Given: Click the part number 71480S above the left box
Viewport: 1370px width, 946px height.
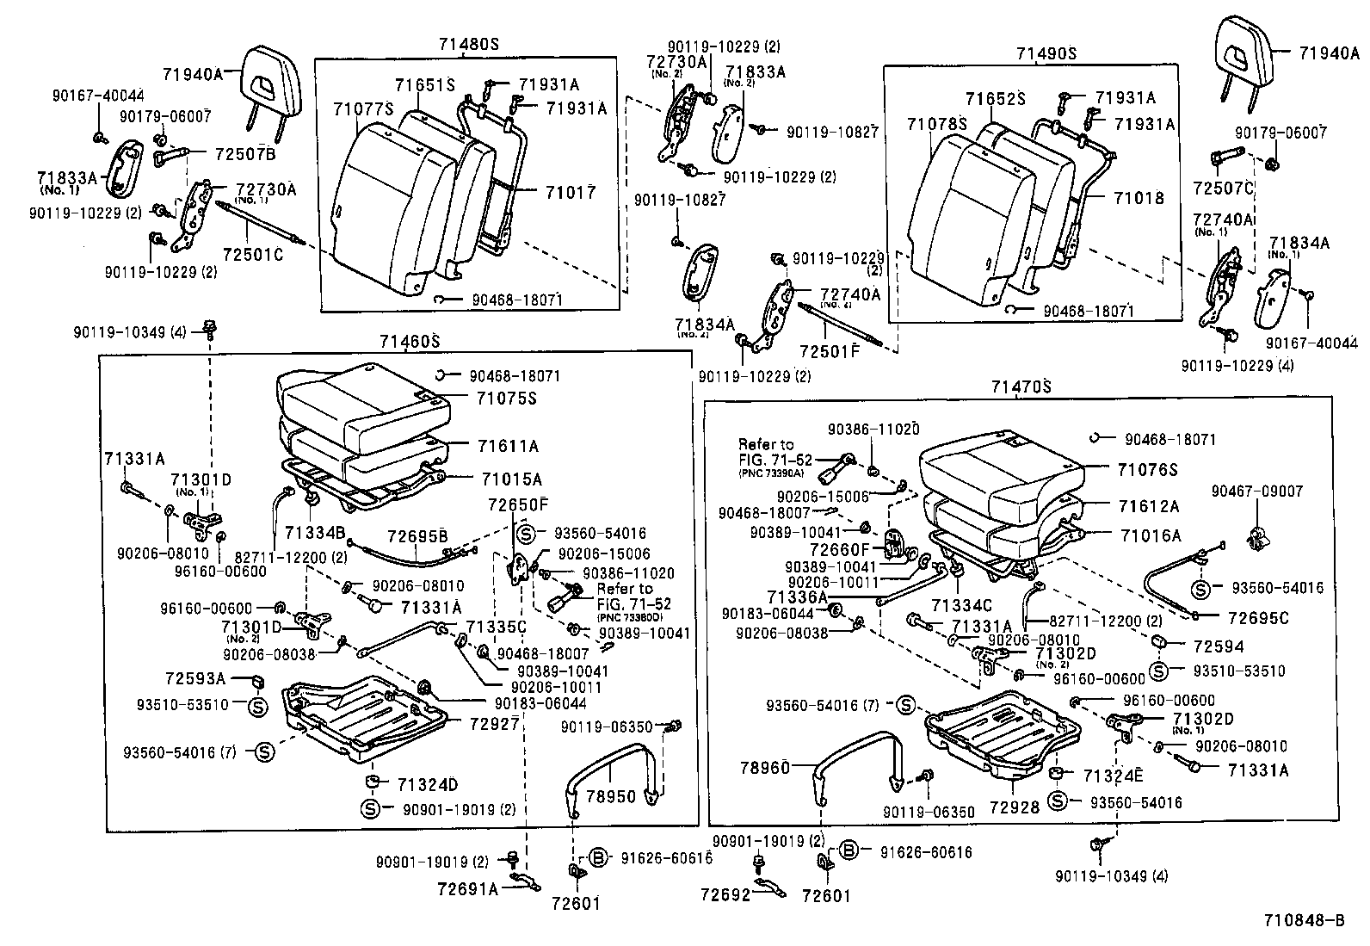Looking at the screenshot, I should pos(468,45).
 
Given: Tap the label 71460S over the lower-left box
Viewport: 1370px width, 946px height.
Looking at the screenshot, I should pos(410,342).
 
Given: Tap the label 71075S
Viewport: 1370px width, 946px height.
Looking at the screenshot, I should pos(509,399).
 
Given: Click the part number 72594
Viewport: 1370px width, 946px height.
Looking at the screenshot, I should pos(1219,646).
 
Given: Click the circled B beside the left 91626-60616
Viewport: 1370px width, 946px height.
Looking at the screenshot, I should pos(600,856).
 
